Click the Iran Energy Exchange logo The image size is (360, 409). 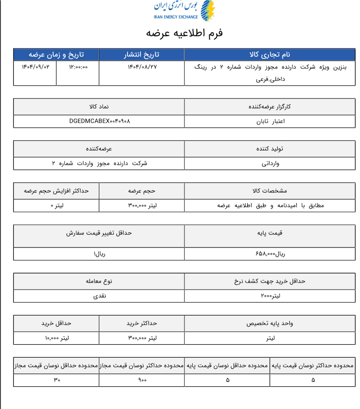[x=184, y=11]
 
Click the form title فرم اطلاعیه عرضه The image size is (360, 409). [x=184, y=33]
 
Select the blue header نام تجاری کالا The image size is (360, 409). [x=270, y=55]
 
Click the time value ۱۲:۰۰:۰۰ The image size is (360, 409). [x=78, y=67]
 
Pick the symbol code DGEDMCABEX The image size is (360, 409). [x=99, y=121]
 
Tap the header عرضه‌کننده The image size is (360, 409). [x=99, y=149]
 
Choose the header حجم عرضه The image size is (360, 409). [x=142, y=191]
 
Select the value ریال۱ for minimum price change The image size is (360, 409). [x=99, y=254]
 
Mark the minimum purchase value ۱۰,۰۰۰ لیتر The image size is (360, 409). [x=57, y=338]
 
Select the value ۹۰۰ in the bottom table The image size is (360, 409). [x=142, y=380]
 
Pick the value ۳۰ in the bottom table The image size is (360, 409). [x=57, y=380]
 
